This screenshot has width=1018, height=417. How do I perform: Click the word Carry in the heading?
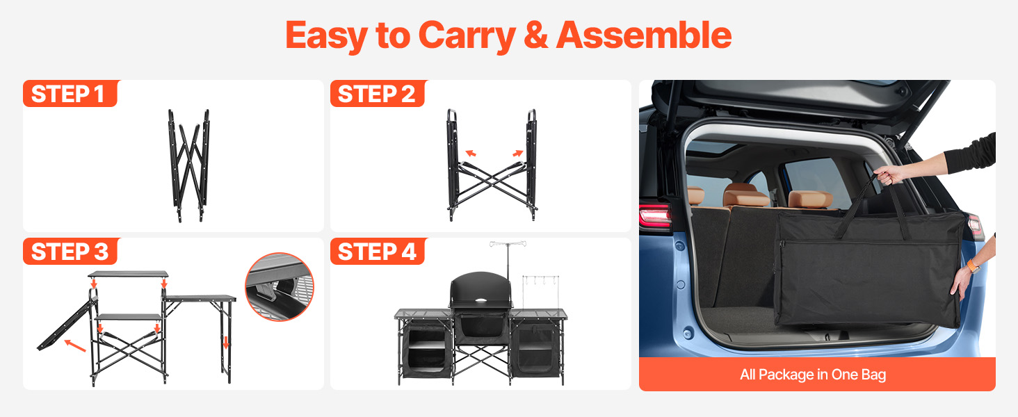(x=467, y=36)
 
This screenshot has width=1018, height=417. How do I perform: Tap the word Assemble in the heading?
(x=644, y=35)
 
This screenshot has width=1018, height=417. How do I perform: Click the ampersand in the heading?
(x=536, y=35)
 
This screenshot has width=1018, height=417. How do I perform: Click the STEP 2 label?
(x=377, y=94)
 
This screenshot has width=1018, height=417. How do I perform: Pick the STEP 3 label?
(x=70, y=251)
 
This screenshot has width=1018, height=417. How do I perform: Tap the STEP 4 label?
(x=377, y=251)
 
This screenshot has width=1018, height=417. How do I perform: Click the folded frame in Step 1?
(x=189, y=166)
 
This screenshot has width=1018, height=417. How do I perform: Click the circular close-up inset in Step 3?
(x=280, y=286)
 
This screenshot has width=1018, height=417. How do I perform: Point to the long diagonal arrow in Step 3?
(x=75, y=345)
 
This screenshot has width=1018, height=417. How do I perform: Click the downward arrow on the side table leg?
(x=226, y=343)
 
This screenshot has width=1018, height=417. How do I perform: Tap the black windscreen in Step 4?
(x=480, y=290)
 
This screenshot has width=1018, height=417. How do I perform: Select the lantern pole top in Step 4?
(x=508, y=244)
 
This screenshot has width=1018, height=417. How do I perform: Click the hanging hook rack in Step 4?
(x=540, y=279)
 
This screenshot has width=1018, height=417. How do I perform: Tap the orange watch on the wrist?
(x=972, y=265)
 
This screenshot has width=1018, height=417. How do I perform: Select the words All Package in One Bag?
(x=813, y=375)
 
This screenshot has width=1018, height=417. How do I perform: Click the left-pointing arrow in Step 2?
(x=470, y=154)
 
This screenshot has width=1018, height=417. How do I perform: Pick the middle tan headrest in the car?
(x=746, y=195)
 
